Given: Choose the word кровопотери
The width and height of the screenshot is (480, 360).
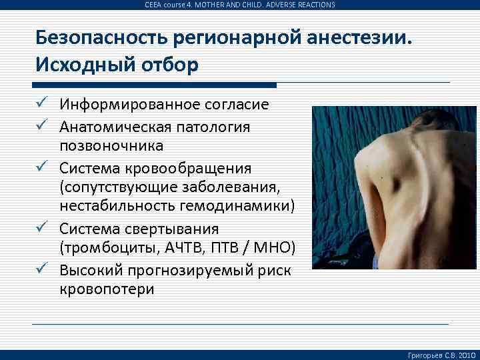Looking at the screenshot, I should click(107, 289).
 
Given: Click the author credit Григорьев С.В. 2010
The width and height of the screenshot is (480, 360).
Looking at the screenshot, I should click(441, 354).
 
